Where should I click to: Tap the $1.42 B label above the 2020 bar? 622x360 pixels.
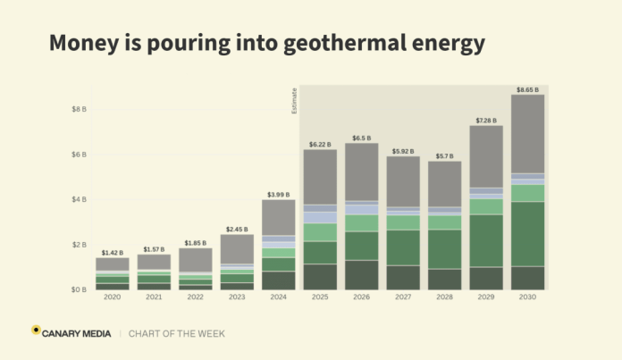pyautogui.click(x=112, y=253)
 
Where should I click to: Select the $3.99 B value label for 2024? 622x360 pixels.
pyautogui.click(x=279, y=194)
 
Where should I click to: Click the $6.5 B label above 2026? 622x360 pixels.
pyautogui.click(x=362, y=138)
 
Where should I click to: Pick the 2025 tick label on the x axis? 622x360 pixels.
pyautogui.click(x=320, y=297)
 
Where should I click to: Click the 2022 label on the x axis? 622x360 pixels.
pyautogui.click(x=195, y=297)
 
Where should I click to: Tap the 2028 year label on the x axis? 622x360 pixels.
pyautogui.click(x=445, y=297)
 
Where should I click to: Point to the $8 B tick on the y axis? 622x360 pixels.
pyautogui.click(x=79, y=109)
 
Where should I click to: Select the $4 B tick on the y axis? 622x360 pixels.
pyautogui.click(x=79, y=199)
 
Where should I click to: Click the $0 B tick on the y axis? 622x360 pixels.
pyautogui.click(x=79, y=289)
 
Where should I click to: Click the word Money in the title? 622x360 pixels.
pyautogui.click(x=79, y=42)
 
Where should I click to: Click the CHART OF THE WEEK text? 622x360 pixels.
pyautogui.click(x=177, y=333)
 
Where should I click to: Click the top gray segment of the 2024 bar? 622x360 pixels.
pyautogui.click(x=279, y=217)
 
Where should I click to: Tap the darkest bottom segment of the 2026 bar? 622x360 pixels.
pyautogui.click(x=362, y=275)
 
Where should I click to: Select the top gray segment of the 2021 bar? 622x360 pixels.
pyautogui.click(x=154, y=262)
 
